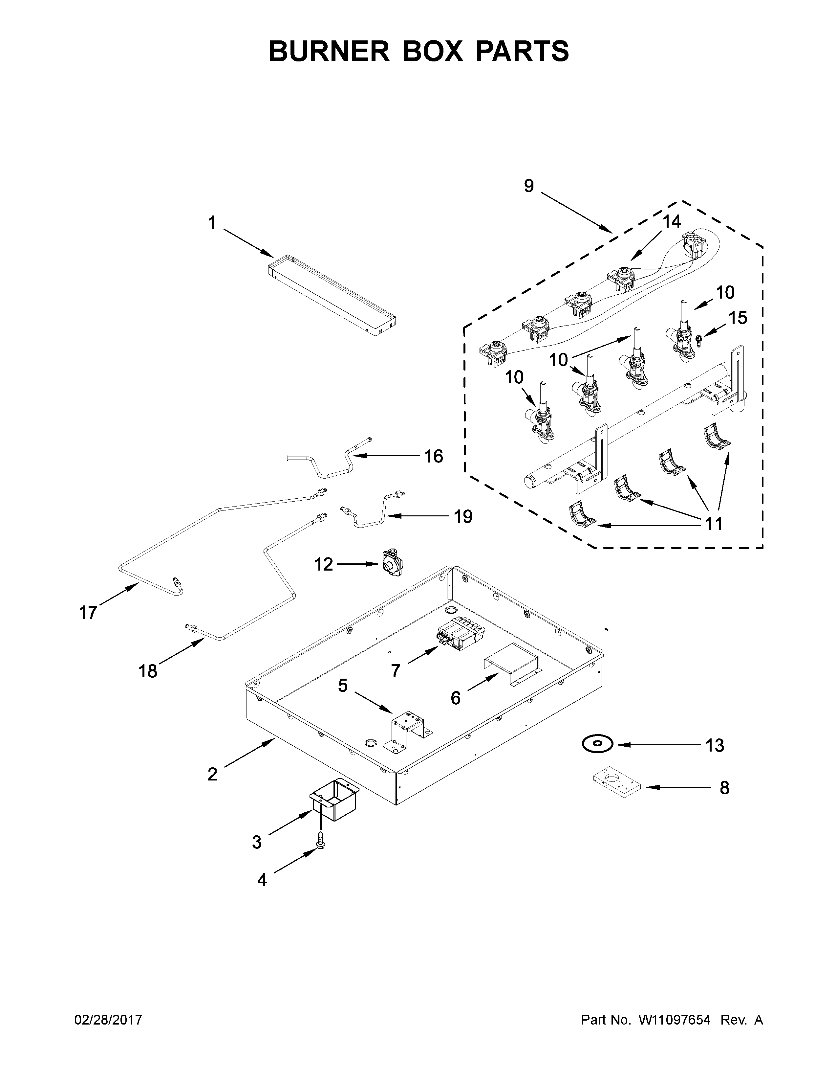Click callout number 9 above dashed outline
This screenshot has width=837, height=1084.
(528, 186)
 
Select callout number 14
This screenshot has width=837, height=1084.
(672, 222)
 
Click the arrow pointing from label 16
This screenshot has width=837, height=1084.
(387, 455)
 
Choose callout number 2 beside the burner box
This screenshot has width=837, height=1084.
(212, 774)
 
